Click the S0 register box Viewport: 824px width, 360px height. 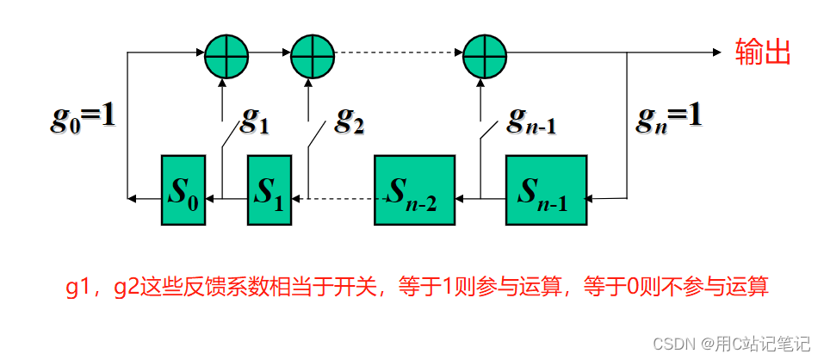[183, 190]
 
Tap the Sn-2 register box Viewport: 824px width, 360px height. [414, 190]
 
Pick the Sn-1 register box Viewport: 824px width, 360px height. [546, 190]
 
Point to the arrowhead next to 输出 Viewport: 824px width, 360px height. [717, 53]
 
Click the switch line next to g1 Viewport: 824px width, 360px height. [230, 136]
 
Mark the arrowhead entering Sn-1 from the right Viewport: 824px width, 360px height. [594, 198]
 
